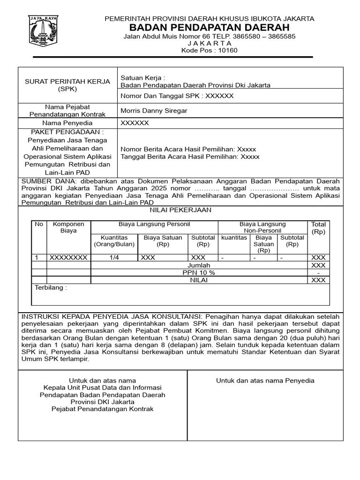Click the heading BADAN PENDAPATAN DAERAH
point(209,28)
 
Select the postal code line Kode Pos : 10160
point(209,51)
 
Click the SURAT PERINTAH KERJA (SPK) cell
point(67,85)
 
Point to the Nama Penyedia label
point(67,123)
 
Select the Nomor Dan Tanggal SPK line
point(177,96)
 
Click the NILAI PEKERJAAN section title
point(180,210)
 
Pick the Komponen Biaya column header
point(68,227)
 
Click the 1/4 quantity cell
point(114,257)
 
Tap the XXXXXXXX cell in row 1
point(68,257)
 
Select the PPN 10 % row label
point(199,272)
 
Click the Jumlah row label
point(199,265)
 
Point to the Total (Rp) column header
point(318,228)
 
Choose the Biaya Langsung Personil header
point(154,225)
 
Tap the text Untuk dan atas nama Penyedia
point(265,381)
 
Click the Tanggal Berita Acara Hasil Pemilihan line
point(190,157)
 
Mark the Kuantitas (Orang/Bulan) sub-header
point(114,241)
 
